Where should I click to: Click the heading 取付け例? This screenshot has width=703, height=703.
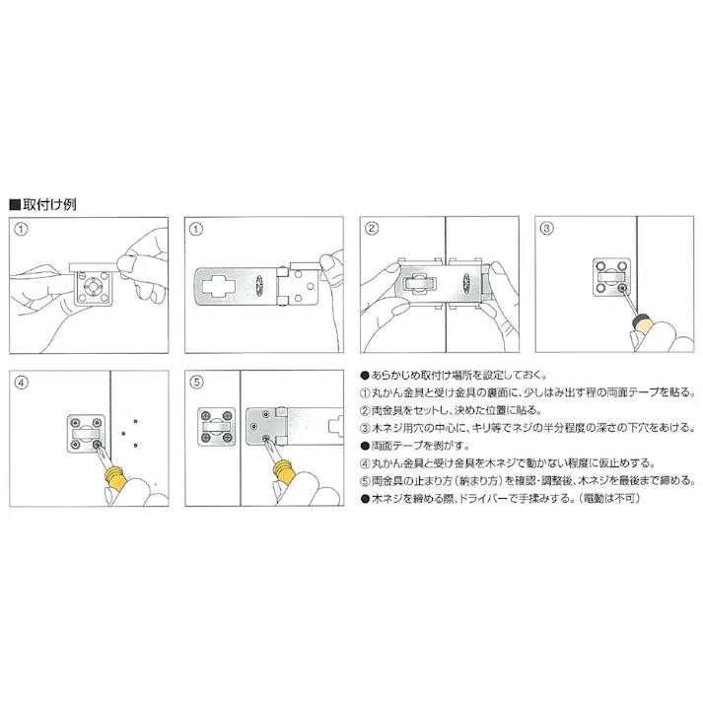pos(48,204)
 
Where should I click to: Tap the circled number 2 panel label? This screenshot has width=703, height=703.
pos(372,229)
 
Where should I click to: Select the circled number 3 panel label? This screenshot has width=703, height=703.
pos(547,229)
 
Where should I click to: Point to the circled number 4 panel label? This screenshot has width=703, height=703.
pos(22,383)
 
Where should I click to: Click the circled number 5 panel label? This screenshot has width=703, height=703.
pos(196,383)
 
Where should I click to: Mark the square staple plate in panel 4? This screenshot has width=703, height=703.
pos(84,433)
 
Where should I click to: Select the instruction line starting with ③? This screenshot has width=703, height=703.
pos(527,427)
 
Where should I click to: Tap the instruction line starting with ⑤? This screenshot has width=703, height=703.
pos(523,480)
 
